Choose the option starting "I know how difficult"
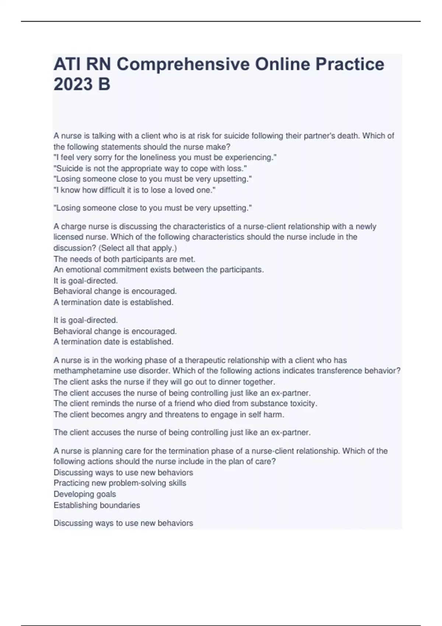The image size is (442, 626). (x=134, y=190)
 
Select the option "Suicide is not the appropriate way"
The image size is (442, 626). (x=150, y=169)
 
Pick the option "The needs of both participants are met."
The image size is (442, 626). (x=124, y=259)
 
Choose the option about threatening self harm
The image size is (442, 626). (x=169, y=415)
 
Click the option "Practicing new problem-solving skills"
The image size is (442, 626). (x=120, y=483)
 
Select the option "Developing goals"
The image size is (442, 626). (x=85, y=494)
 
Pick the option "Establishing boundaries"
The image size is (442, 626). (x=97, y=505)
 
